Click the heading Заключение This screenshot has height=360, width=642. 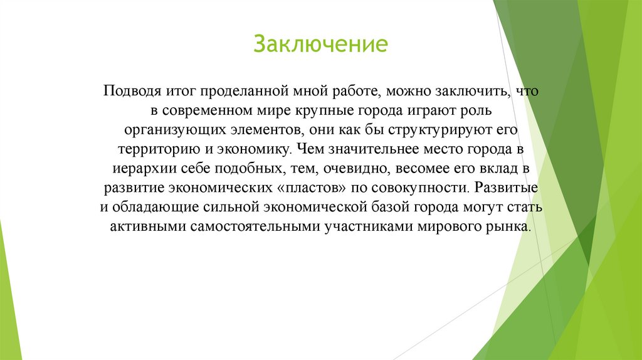point(320,45)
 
